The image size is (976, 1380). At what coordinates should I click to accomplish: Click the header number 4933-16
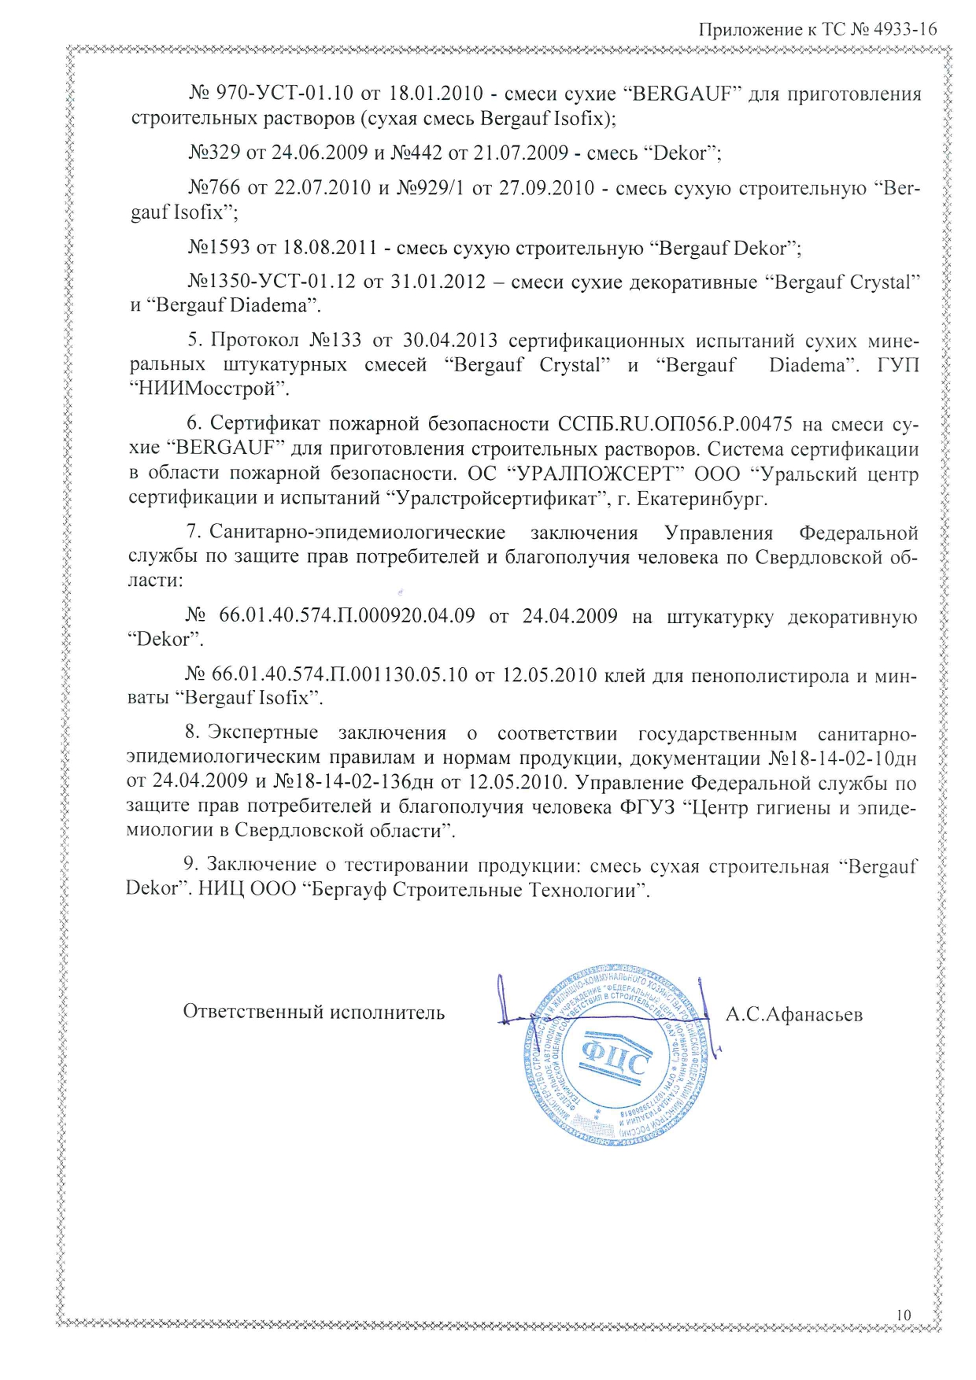coord(904,30)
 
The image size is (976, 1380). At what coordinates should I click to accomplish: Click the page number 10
coord(903,1315)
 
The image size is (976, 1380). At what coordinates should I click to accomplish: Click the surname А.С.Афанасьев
coord(793,1015)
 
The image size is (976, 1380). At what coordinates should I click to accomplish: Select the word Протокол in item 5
coord(254,341)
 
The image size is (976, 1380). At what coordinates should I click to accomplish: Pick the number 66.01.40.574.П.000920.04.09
coord(346,615)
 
